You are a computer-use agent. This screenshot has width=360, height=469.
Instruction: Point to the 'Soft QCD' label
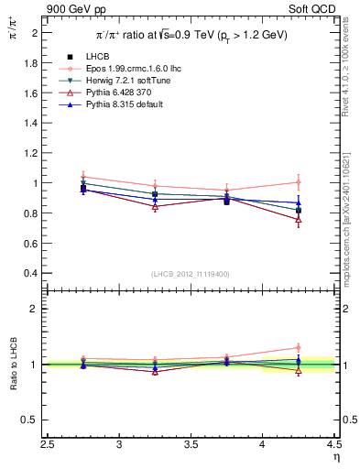tap(312, 8)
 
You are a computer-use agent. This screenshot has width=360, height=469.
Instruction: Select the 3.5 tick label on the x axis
tap(191, 444)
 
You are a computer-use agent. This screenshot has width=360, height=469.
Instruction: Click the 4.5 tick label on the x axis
tap(333, 444)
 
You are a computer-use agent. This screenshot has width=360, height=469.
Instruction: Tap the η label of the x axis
tap(334, 457)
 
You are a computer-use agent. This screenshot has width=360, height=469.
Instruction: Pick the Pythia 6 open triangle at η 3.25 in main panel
tap(155, 207)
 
